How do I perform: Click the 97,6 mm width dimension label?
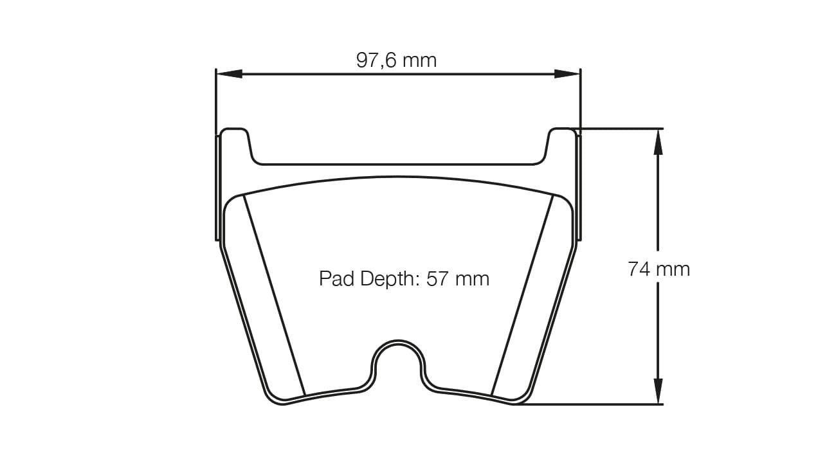[x=396, y=60]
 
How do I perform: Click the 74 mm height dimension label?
[x=659, y=269]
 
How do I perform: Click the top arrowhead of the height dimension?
[x=658, y=141]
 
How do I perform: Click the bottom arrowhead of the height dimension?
[x=658, y=392]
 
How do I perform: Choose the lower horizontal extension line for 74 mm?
[x=592, y=404]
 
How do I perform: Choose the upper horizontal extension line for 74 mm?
[x=617, y=129]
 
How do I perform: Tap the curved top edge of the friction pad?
[x=397, y=177]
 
